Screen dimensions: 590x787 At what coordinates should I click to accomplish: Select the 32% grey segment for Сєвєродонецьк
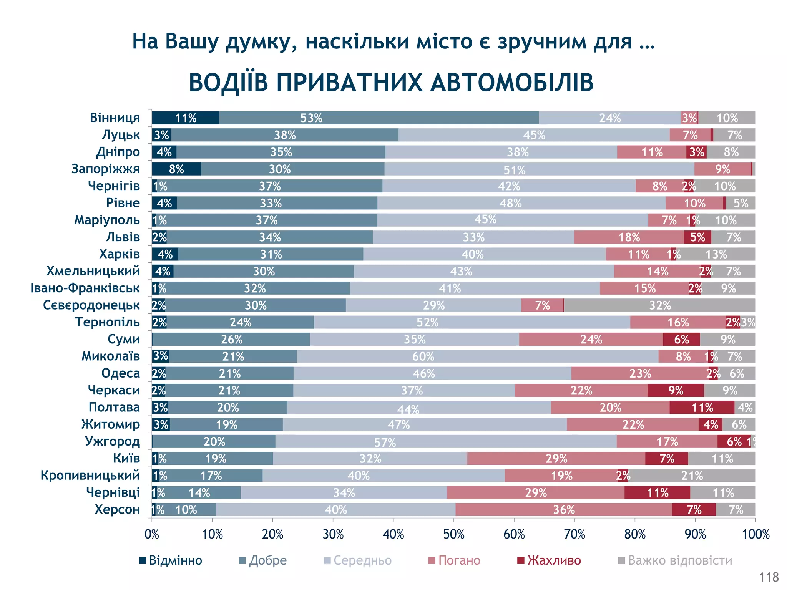coord(659,305)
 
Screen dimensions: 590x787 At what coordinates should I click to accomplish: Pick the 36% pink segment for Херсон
coord(563,510)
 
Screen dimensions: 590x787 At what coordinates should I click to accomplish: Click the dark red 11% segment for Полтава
coord(702,408)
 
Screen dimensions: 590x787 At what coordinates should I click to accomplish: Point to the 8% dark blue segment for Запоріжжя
coord(176,169)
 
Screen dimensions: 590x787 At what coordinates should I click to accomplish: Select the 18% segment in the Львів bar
coord(629,237)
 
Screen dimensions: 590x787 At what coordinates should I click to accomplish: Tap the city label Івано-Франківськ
coord(85,288)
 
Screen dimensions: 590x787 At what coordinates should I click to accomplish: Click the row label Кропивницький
coord(90,476)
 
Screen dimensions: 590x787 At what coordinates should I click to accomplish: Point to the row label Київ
coord(126,458)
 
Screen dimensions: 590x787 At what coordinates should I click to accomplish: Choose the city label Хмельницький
coord(93,271)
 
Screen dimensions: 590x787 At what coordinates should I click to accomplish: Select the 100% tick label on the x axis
coord(755,534)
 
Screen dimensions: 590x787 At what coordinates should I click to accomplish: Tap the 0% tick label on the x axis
coord(152,534)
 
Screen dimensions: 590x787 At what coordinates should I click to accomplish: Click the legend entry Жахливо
coord(553,560)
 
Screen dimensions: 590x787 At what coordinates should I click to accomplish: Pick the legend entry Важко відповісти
coord(679,560)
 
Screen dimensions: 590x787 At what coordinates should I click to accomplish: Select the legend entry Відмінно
coord(175,560)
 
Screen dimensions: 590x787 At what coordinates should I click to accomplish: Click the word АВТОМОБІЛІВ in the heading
coord(511,83)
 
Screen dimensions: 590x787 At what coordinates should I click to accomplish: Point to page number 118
coord(769,577)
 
